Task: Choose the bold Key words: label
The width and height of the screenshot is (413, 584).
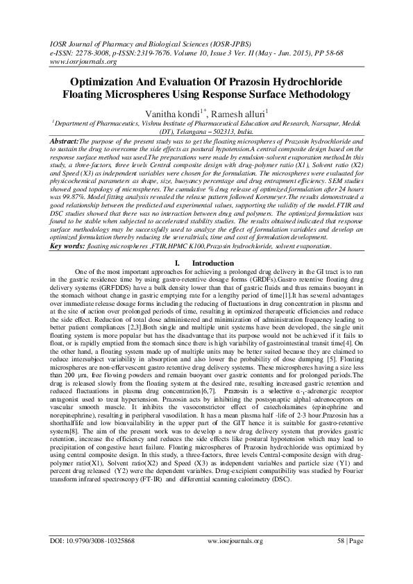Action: tap(67, 246)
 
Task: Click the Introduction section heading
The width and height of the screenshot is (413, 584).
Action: tap(210, 263)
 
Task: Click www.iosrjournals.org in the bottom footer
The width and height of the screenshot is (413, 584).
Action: tap(208, 558)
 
